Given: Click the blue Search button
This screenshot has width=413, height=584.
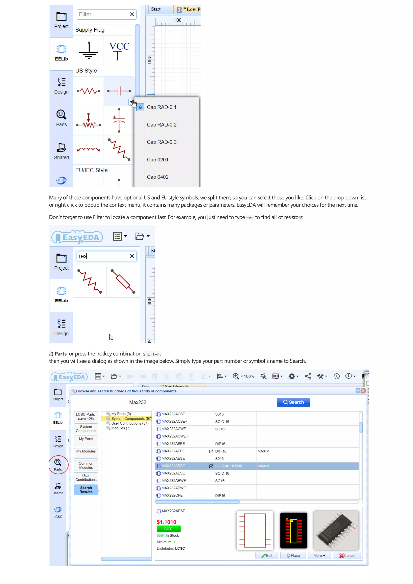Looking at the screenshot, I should [x=293, y=402].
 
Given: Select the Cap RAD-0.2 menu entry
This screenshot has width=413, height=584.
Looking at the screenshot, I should [x=162, y=125].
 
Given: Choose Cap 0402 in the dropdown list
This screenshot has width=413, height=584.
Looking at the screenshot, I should [x=157, y=177].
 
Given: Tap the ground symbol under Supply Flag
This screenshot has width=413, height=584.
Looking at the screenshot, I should [x=88, y=51].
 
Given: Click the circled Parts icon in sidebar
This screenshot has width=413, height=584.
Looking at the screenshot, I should [x=58, y=464].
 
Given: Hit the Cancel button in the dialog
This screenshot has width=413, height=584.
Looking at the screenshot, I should [x=347, y=556].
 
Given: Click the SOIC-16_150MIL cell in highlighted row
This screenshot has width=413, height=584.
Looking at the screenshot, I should [x=229, y=466].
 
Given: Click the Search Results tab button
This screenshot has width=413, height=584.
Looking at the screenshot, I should [x=86, y=490].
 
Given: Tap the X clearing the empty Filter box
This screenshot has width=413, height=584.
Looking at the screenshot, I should [x=132, y=15].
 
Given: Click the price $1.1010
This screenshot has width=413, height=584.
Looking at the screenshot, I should [x=166, y=522].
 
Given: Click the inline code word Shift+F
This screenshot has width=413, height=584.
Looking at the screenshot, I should [x=151, y=354].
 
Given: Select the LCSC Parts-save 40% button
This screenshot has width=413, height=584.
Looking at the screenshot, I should [x=86, y=416].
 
